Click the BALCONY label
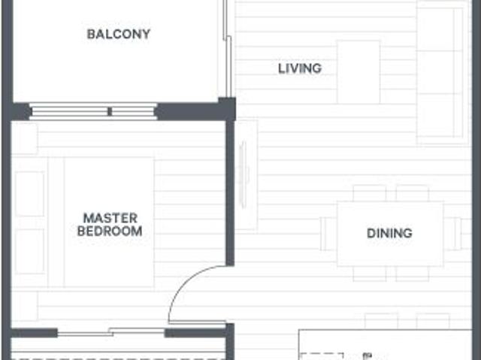point(118,34)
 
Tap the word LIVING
point(299,68)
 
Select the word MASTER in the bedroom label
point(109,218)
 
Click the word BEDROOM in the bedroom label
point(109,231)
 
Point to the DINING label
point(389,233)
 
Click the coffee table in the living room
point(358,72)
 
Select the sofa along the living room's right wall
point(443,72)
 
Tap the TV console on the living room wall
point(245,174)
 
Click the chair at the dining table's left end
point(328,233)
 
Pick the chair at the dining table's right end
point(452,233)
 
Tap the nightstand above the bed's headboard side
point(25,140)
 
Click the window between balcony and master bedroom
point(93,112)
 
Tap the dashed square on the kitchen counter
point(323,355)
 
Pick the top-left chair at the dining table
point(369,193)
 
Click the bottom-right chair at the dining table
point(412,274)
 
